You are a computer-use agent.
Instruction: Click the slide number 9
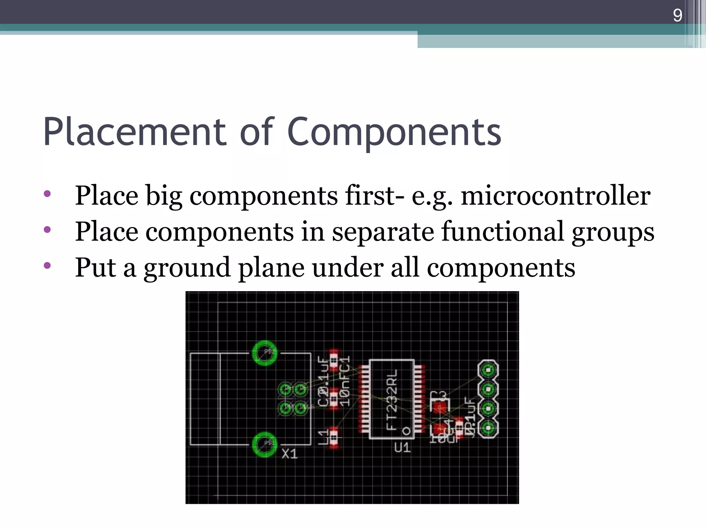677,15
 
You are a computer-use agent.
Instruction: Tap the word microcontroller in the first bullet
555,195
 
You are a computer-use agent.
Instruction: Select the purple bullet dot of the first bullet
48,194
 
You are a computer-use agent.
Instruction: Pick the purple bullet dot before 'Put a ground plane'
48,265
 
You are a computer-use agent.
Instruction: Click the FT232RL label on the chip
392,399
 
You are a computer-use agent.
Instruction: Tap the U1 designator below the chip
402,448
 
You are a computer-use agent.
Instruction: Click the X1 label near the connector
290,454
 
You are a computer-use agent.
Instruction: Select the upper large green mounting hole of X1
264,353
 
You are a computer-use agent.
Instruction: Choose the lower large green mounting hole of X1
264,444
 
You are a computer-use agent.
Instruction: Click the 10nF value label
345,393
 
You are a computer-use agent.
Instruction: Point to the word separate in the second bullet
382,231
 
